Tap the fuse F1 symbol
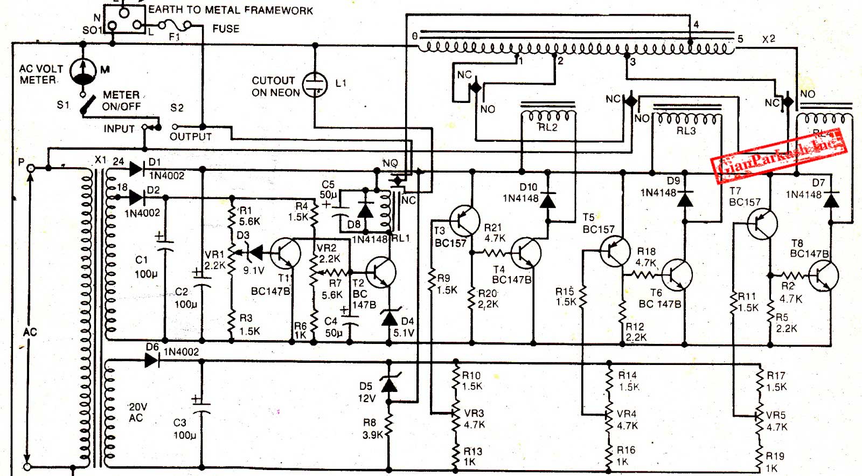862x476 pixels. (174, 25)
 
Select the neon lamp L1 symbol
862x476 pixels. (315, 85)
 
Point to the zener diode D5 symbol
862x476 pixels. (389, 384)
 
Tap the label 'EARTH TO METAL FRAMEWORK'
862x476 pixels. (230, 10)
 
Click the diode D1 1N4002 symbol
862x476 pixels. (136, 169)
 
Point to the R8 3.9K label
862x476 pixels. (372, 429)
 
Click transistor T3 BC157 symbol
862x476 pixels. (464, 220)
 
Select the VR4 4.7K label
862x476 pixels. (627, 419)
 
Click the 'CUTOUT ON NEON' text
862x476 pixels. (275, 86)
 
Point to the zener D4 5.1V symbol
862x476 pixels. (390, 318)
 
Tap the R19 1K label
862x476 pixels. (775, 462)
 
